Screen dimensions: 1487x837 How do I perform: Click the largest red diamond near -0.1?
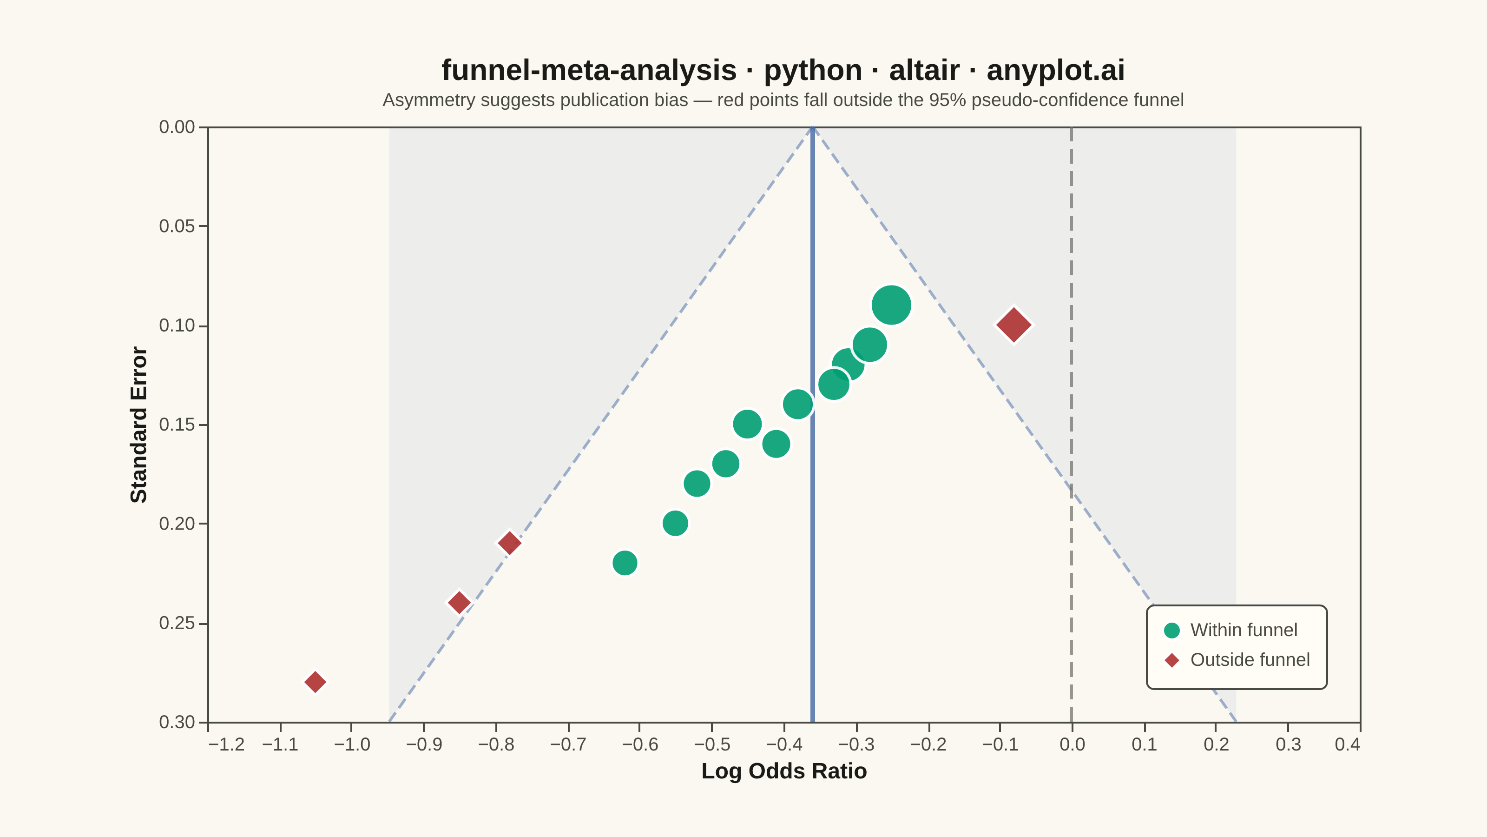pyautogui.click(x=1013, y=325)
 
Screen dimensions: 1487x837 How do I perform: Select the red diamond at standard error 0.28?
pyautogui.click(x=315, y=682)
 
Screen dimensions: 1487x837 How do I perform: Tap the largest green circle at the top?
pyautogui.click(x=891, y=305)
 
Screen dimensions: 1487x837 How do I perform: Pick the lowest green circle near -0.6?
pyautogui.click(x=625, y=563)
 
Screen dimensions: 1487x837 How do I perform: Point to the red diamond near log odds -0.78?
pyautogui.click(x=509, y=543)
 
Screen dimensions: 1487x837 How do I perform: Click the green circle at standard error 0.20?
pyautogui.click(x=675, y=523)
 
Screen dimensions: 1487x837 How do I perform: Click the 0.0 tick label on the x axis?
pyautogui.click(x=1072, y=744)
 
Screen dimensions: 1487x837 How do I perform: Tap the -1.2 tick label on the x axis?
pyautogui.click(x=226, y=744)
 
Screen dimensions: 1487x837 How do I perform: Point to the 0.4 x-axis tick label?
pyautogui.click(x=1347, y=744)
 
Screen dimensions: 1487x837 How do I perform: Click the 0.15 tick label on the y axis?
pyautogui.click(x=177, y=425)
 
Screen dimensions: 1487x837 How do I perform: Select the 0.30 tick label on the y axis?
pyautogui.click(x=177, y=722)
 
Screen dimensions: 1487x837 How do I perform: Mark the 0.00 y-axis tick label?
pyautogui.click(x=177, y=127)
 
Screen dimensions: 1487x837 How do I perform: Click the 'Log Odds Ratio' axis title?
pyautogui.click(x=784, y=771)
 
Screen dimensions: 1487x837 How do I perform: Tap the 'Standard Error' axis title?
pyautogui.click(x=139, y=425)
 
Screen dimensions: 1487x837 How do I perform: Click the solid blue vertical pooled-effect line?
pyautogui.click(x=812, y=425)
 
